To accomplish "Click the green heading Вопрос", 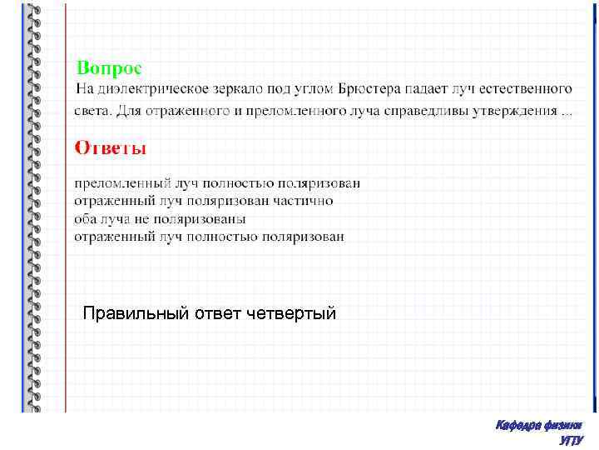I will pyautogui.click(x=109, y=66).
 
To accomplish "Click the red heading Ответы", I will pyautogui.click(x=111, y=148).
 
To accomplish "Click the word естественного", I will pyautogui.click(x=527, y=88).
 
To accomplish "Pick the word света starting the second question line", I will pyautogui.click(x=93, y=110).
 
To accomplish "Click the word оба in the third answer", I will pyautogui.click(x=87, y=218).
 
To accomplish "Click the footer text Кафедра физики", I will pyautogui.click(x=538, y=426).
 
